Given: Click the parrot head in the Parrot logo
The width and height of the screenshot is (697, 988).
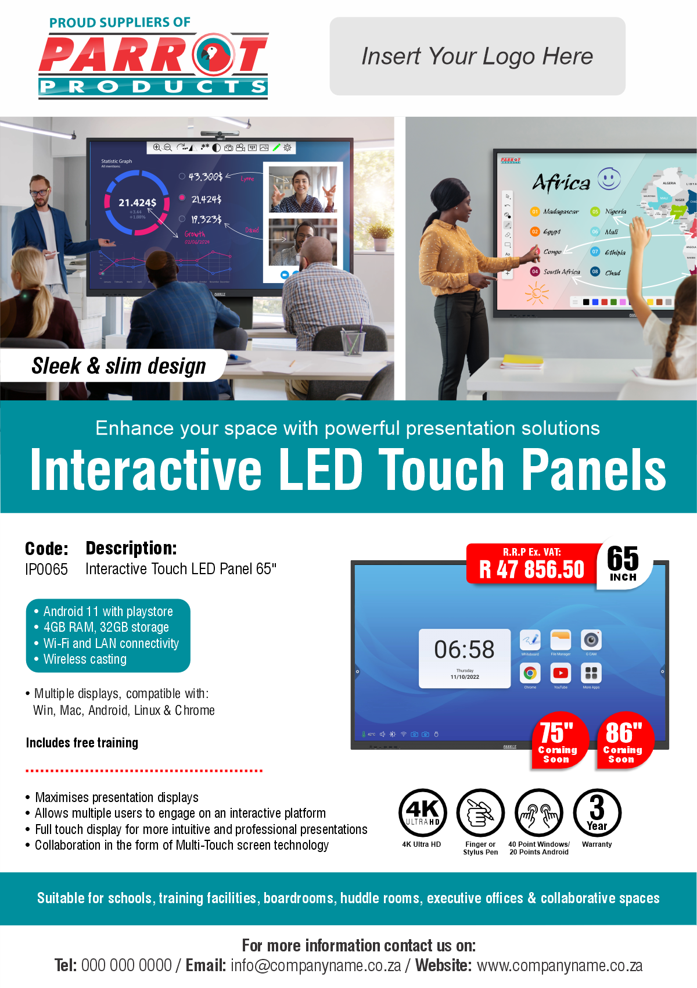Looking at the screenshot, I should pos(213,54).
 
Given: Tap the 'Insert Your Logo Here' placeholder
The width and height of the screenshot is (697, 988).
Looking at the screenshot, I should pos(477,56).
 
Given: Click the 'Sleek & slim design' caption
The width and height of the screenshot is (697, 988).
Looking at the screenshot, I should pos(118,366).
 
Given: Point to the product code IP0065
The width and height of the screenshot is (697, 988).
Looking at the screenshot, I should pos(46,569).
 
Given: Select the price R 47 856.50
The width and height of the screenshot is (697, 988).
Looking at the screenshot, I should pos(531,570).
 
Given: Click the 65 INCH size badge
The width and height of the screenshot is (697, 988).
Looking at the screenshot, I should pos(623,563).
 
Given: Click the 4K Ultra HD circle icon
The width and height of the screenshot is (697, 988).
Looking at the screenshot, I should pos(422,812).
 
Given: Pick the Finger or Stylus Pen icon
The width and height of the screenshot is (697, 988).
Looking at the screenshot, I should pos(480,812).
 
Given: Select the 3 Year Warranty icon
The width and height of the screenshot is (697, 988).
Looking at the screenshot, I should pos(597,812).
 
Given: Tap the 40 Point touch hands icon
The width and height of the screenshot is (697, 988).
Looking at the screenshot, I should pos(539,812).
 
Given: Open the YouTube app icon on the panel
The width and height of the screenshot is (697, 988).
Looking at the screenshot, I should pos(561,673).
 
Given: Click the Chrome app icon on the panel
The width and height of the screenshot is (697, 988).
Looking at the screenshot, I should pos(530,673).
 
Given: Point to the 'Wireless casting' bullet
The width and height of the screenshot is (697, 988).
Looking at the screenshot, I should pos(85,660).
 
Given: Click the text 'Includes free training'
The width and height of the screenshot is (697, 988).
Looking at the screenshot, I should pos(82,743).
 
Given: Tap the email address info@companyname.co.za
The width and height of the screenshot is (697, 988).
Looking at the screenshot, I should pos(316,966).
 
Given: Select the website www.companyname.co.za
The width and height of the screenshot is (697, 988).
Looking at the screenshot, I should pos(559,966).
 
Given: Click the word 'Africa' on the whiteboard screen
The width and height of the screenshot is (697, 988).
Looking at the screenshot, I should pos(561,183).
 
